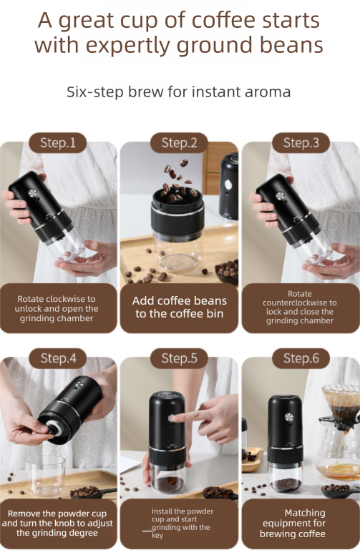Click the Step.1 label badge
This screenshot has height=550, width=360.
point(58,142)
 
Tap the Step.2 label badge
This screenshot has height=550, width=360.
point(180,142)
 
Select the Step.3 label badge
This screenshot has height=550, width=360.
point(301,142)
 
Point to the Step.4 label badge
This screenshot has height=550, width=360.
point(58,358)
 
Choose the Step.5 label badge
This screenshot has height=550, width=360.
point(180,358)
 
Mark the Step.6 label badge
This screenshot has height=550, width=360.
point(301,358)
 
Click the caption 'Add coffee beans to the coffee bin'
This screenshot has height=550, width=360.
point(180,307)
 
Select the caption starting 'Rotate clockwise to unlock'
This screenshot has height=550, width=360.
point(58,308)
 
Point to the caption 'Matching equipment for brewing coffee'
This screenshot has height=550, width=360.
point(301,524)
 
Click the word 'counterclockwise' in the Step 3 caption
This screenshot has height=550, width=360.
point(300,303)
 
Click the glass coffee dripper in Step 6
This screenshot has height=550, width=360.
point(340,401)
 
